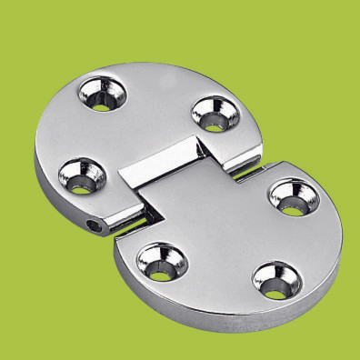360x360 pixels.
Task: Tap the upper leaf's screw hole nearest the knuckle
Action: pyautogui.click(x=215, y=116)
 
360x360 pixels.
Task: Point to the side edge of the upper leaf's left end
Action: pyautogui.click(x=41, y=182)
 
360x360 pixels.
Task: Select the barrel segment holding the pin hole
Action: pyautogui.click(x=114, y=218)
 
